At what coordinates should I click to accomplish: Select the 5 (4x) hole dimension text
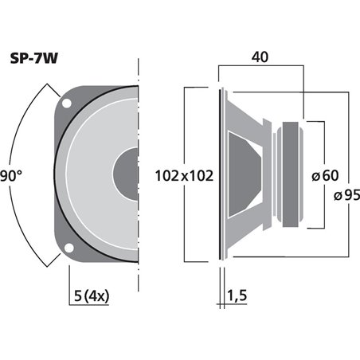(x=89, y=296)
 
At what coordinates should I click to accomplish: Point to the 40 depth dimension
(x=260, y=58)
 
